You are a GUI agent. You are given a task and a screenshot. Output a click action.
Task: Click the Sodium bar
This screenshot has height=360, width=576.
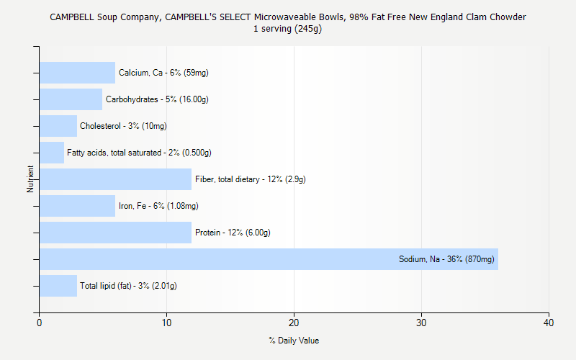(x=269, y=259)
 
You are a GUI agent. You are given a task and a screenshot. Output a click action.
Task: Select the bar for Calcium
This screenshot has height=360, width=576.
(x=77, y=73)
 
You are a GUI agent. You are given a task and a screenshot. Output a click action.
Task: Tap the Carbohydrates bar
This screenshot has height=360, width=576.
(x=71, y=99)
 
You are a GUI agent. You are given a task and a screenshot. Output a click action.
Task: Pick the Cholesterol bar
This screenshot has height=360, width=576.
(x=58, y=126)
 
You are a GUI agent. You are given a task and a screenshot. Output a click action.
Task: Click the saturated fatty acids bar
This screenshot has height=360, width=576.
(x=52, y=153)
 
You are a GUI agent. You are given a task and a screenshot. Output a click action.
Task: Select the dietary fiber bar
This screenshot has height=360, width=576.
(x=115, y=179)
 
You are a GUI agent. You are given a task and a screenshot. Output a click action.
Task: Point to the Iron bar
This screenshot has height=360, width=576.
(x=77, y=206)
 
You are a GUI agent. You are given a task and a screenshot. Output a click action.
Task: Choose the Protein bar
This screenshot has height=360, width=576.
(x=115, y=233)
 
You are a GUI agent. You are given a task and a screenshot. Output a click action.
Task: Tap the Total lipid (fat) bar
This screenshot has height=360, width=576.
(x=58, y=286)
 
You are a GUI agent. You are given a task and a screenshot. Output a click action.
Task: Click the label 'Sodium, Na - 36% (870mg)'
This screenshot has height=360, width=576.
(x=446, y=259)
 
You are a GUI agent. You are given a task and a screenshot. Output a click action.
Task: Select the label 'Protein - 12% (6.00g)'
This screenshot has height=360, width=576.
(x=233, y=233)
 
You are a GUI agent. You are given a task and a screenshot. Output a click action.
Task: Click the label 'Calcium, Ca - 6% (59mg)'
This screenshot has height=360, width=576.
(x=163, y=73)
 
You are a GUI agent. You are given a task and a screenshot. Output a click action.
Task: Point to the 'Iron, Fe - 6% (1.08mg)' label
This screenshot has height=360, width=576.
(x=158, y=206)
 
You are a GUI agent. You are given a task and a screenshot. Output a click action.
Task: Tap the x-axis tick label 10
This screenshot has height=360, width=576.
(x=167, y=323)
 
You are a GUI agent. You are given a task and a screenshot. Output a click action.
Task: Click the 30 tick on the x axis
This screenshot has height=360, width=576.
(x=422, y=323)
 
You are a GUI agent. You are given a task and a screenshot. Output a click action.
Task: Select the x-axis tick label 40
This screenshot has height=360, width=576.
(x=549, y=323)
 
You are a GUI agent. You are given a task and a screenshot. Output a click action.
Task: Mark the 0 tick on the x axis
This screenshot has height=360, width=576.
(x=40, y=323)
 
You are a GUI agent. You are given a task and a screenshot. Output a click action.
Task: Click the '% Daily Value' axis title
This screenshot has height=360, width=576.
(x=294, y=341)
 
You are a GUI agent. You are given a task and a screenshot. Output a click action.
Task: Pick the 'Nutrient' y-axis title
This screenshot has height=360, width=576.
(x=30, y=179)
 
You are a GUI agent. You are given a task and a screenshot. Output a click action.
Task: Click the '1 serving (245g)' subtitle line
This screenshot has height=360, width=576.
(x=288, y=29)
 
